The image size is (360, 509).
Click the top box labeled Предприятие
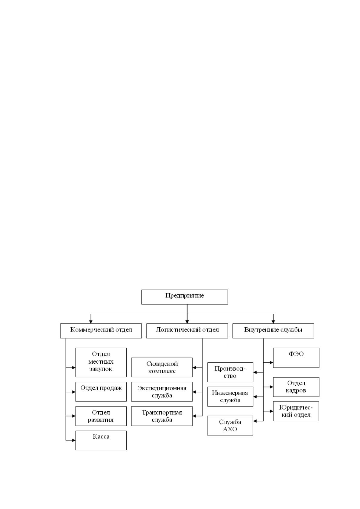(x=185, y=297)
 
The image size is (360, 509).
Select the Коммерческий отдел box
(x=101, y=331)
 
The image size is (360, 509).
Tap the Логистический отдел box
(x=187, y=331)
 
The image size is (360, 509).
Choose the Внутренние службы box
(x=273, y=331)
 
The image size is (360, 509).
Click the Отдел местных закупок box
(x=101, y=362)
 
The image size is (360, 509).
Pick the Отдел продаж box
(x=101, y=392)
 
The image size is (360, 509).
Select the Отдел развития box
(x=101, y=416)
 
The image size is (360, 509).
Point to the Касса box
(x=101, y=440)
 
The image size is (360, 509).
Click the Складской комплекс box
(x=162, y=368)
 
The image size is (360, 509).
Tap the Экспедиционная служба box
(x=162, y=392)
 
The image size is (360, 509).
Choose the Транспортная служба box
(x=162, y=416)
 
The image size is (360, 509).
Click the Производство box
(x=230, y=372)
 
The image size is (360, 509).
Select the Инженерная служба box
(x=230, y=397)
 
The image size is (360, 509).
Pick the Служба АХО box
(x=230, y=426)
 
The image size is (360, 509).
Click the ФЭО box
(x=296, y=358)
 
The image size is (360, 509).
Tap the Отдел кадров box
(x=296, y=387)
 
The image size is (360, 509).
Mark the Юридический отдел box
(x=296, y=411)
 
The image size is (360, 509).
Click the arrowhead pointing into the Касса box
(x=74, y=440)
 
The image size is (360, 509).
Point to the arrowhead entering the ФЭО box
(x=271, y=363)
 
